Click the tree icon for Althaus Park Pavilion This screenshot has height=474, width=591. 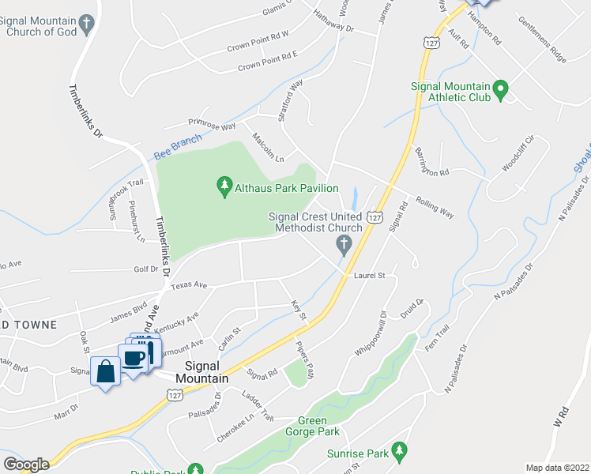point(224,187)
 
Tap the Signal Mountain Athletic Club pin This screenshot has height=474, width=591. point(500,90)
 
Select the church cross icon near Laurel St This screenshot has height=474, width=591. point(344,245)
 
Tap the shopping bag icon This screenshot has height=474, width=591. point(105,371)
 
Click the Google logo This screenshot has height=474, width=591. point(25,465)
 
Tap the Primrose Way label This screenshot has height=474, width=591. point(212,124)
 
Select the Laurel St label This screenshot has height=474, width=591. point(369,276)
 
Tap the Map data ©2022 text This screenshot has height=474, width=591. point(556,468)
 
